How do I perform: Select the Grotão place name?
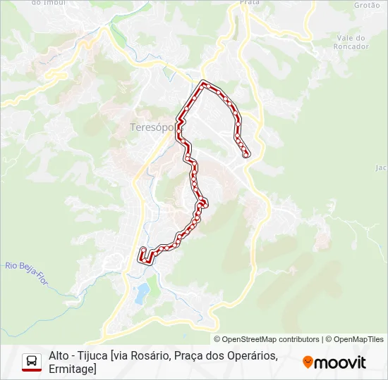[366, 4]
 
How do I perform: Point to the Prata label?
[250, 3]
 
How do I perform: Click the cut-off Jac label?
[382, 167]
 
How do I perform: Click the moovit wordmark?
[340, 362]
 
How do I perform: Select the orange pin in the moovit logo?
[308, 362]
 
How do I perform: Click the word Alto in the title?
[60, 356]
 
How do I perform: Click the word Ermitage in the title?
[71, 369]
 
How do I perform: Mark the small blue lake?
[142, 291]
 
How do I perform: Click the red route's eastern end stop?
[245, 154]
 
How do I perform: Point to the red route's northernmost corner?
[205, 84]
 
